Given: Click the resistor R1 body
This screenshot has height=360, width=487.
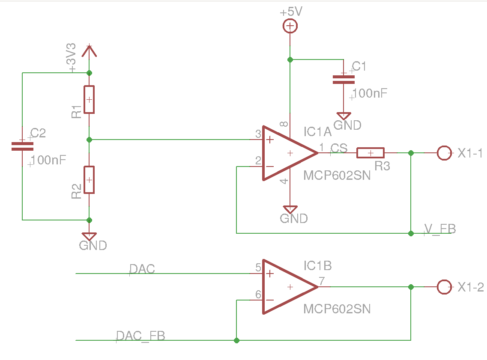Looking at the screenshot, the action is (89, 100).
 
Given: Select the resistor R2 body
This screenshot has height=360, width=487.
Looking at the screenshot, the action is (89, 180).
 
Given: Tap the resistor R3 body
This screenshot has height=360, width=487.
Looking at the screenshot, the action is (370, 153).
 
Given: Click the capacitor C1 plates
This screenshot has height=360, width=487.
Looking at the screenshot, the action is (344, 80).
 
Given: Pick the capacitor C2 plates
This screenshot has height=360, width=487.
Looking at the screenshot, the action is (22, 146).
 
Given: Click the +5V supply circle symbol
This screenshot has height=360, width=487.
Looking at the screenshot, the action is (290, 26).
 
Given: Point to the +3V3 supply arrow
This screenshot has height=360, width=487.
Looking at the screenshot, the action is (89, 51).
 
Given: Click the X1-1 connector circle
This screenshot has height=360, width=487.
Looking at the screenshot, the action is (444, 153).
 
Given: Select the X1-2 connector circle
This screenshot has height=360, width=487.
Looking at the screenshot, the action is (444, 287).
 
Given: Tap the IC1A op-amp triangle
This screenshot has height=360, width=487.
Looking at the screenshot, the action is (290, 153).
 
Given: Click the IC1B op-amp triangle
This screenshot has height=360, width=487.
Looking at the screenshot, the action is (290, 287).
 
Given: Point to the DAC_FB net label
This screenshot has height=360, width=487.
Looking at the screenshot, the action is (140, 336).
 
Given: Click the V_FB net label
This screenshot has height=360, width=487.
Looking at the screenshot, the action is (440, 229).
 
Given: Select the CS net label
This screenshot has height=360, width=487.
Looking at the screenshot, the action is (339, 148).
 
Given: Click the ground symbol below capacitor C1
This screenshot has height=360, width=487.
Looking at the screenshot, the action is (344, 116).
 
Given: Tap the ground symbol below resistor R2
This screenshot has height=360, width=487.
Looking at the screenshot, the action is (89, 236).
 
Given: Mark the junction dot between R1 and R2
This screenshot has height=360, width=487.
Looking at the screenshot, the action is (89, 140).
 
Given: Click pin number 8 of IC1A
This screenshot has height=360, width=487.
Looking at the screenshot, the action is (284, 124).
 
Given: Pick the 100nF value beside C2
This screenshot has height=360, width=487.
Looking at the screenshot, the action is (48, 160).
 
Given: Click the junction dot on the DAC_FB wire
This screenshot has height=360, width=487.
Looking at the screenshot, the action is (236, 340).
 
